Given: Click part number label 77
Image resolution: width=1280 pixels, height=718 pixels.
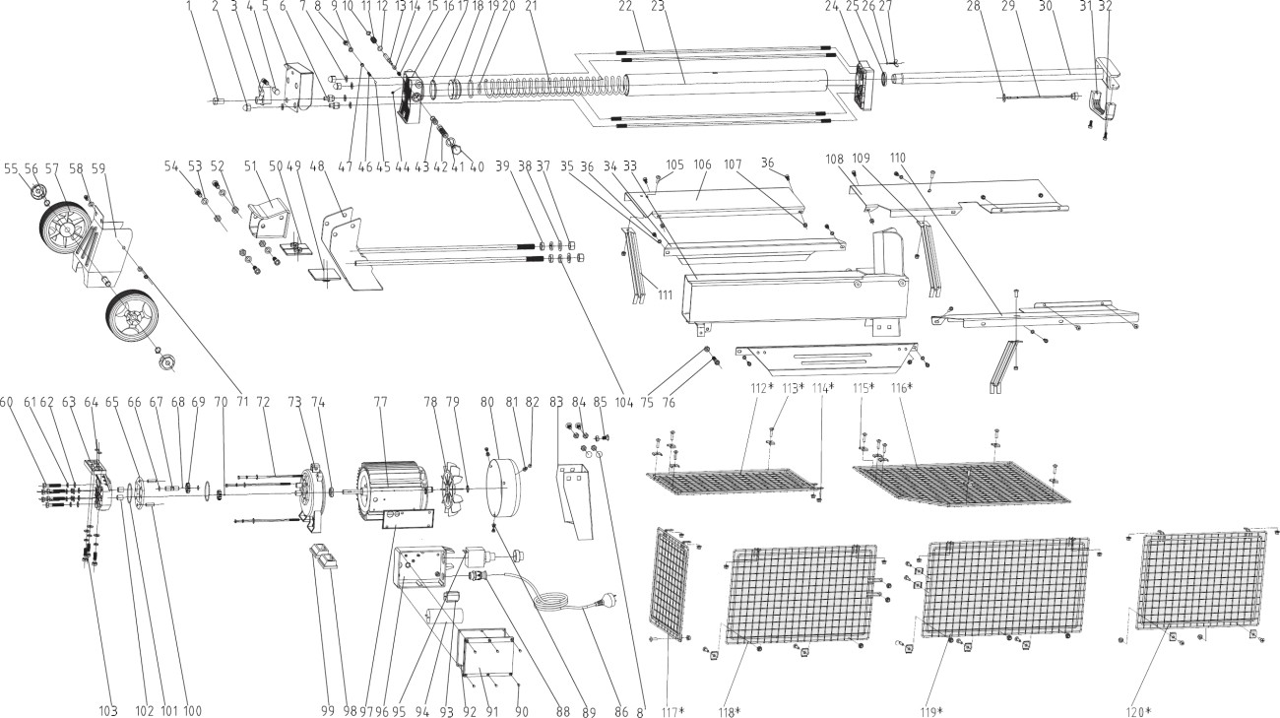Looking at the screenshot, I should (379, 401).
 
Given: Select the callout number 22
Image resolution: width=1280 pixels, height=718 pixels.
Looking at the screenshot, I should (623, 7).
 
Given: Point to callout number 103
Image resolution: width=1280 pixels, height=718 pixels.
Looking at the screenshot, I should (107, 710).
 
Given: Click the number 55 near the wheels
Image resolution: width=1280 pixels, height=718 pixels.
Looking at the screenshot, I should (13, 168).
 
